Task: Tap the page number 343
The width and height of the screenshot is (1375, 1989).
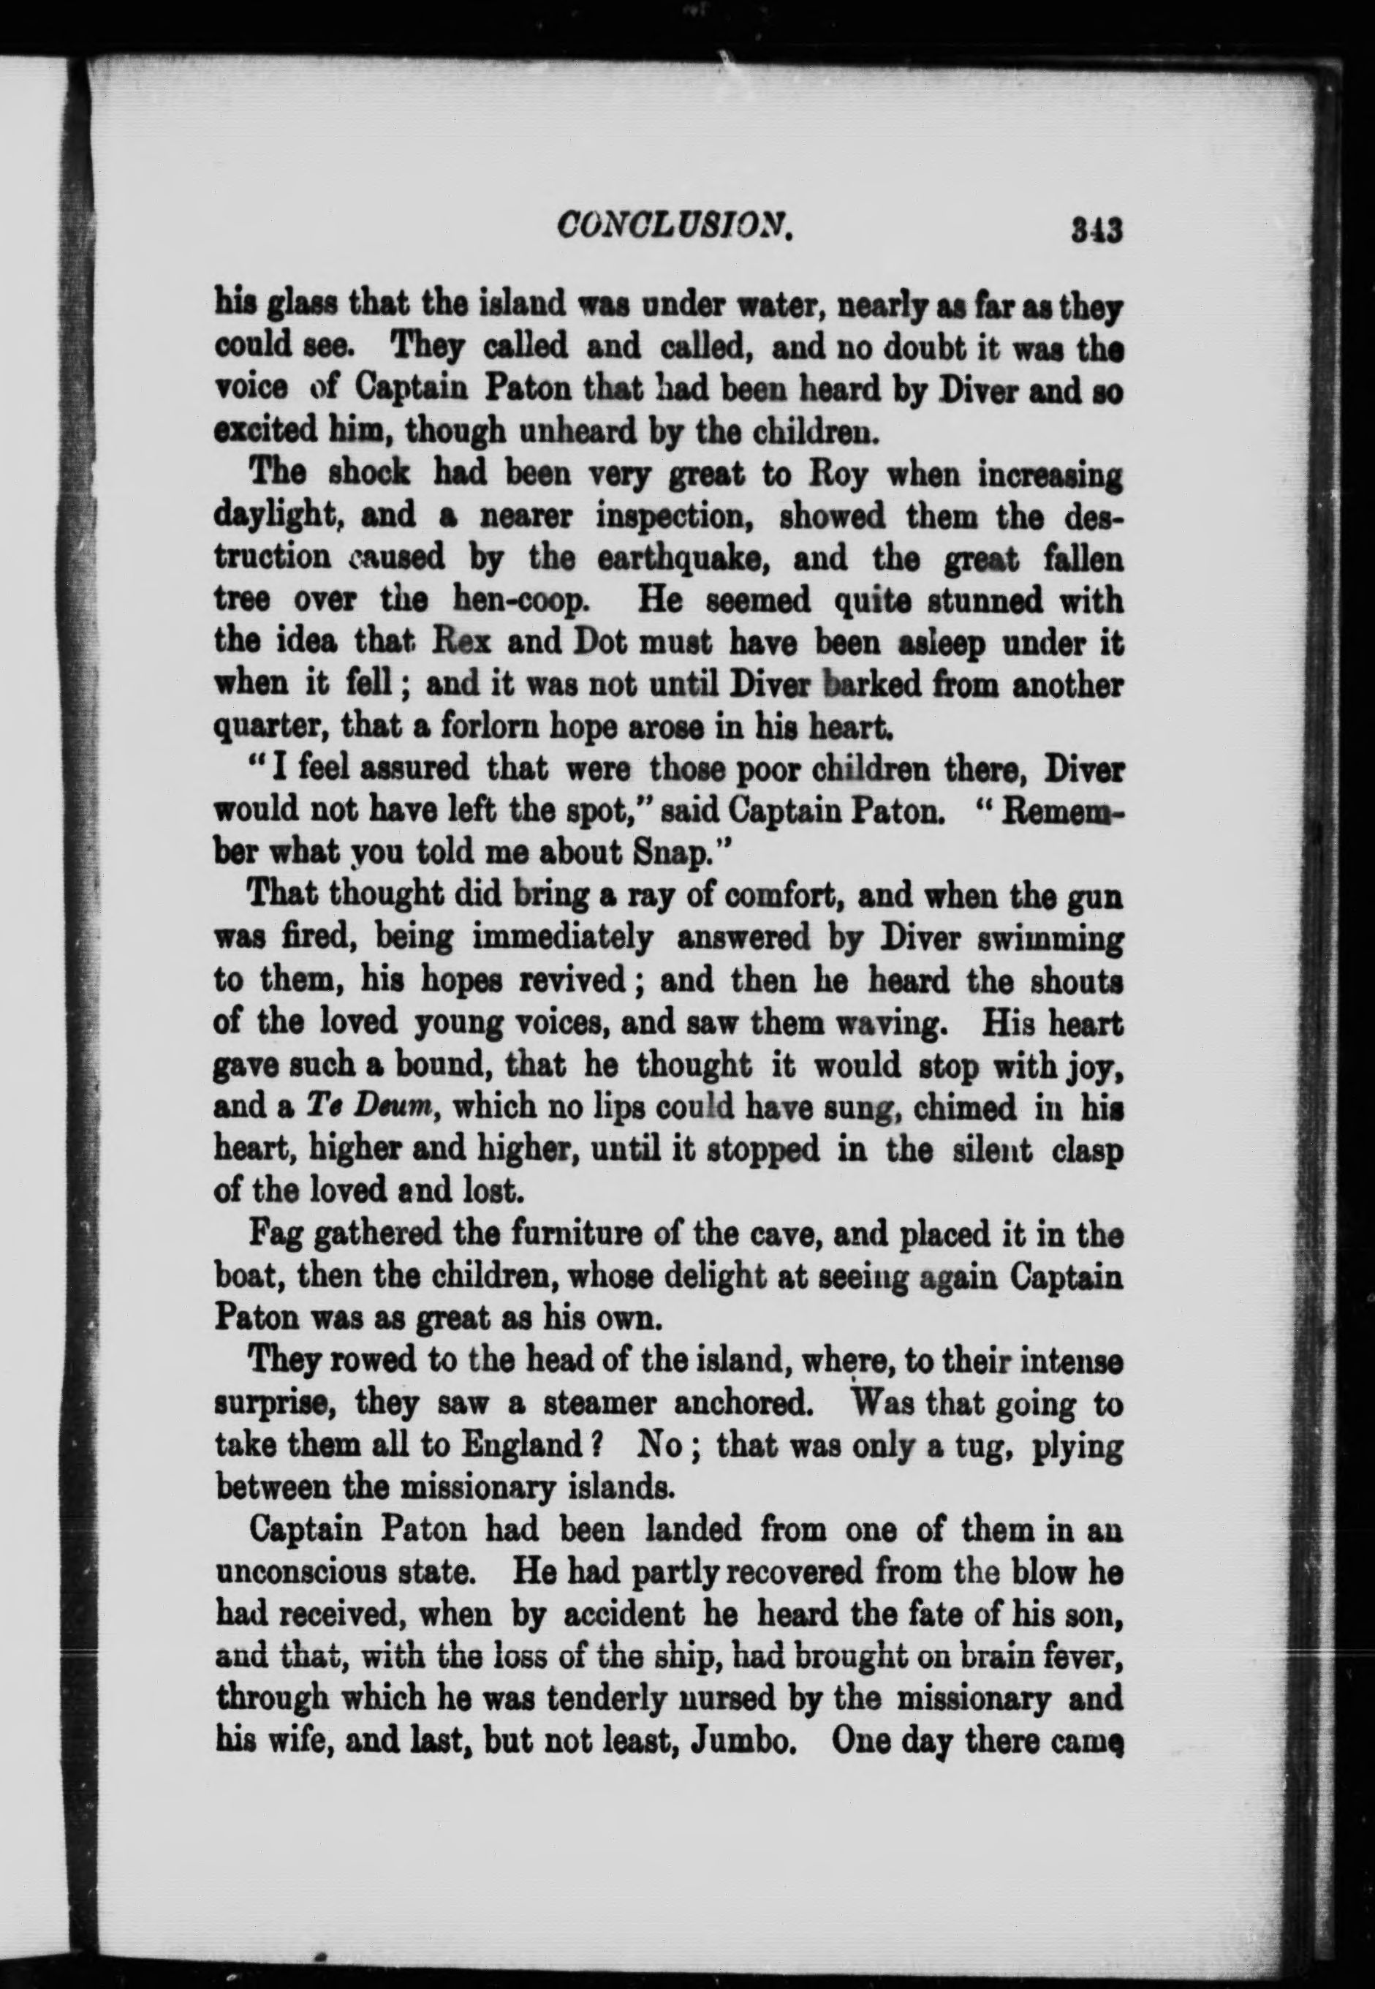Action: pos(1095,230)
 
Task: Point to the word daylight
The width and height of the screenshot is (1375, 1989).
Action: pos(275,517)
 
